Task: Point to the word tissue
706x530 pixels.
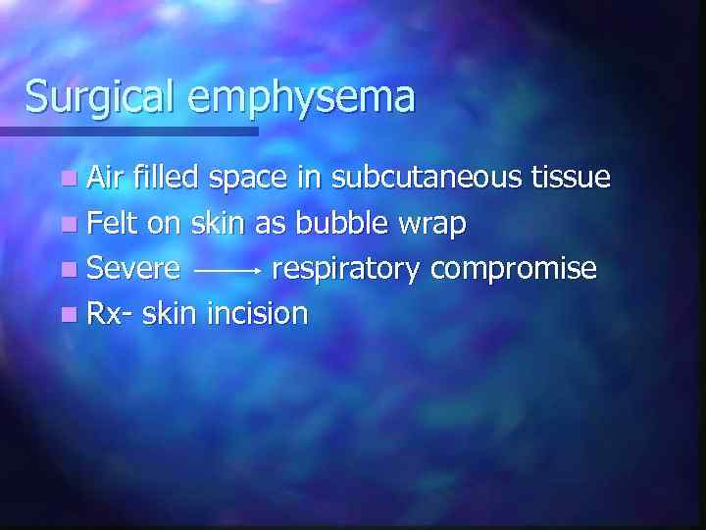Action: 571,178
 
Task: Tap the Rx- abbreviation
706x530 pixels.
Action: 111,313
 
